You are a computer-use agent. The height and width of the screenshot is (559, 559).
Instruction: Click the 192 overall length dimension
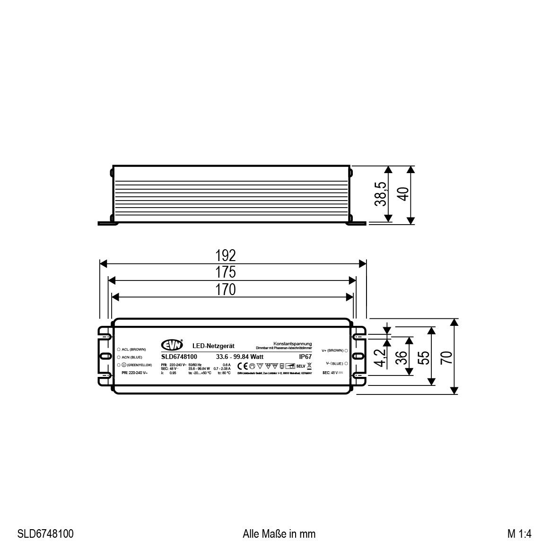point(226,256)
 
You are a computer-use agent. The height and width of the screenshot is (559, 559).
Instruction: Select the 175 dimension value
point(226,272)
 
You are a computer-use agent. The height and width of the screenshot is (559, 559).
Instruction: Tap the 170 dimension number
point(226,289)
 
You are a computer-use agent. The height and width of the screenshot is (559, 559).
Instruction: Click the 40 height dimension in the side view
point(403,194)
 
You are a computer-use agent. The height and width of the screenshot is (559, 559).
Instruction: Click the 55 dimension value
point(424,357)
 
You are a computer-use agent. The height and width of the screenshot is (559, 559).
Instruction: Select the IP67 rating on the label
point(305,356)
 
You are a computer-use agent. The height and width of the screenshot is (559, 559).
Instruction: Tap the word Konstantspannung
point(292,343)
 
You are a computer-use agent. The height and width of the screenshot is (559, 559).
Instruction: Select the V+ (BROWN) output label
point(332,350)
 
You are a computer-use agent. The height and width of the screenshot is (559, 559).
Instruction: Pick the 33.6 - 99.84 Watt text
point(240,356)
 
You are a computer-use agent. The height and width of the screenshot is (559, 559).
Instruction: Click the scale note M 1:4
point(519,534)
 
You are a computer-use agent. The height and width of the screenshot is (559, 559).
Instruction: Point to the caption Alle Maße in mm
point(279,534)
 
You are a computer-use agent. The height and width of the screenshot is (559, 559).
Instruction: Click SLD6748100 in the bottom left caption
point(45,534)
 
